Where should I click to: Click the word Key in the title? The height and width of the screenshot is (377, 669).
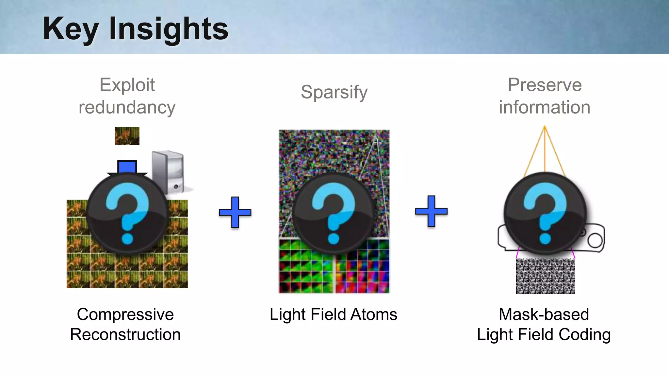click(71, 29)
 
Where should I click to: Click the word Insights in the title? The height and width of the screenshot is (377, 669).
click(169, 29)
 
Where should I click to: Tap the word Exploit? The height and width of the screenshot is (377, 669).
click(127, 85)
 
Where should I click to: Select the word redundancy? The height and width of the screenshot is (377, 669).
click(127, 107)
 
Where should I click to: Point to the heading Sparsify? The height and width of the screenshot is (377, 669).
click(334, 92)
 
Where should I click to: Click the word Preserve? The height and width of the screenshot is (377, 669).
click(545, 85)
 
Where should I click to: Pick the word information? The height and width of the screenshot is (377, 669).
click(545, 107)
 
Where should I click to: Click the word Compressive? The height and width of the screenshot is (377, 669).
click(125, 314)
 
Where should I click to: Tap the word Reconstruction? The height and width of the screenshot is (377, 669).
click(125, 335)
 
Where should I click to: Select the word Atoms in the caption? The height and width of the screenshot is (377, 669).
click(374, 314)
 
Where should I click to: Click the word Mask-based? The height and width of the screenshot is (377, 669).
click(544, 314)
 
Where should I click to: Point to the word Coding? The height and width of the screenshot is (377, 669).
click(584, 335)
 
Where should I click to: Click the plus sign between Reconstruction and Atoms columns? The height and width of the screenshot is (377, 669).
click(235, 212)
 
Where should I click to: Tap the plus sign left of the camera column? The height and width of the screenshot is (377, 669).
click(431, 211)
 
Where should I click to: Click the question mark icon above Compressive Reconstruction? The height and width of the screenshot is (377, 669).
click(127, 213)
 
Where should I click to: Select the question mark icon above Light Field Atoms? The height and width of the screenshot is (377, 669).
click(334, 213)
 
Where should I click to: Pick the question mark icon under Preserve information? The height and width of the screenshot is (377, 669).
click(545, 213)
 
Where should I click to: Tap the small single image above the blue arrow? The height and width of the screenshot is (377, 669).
click(127, 136)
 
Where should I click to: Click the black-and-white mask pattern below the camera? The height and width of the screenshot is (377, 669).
click(545, 276)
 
